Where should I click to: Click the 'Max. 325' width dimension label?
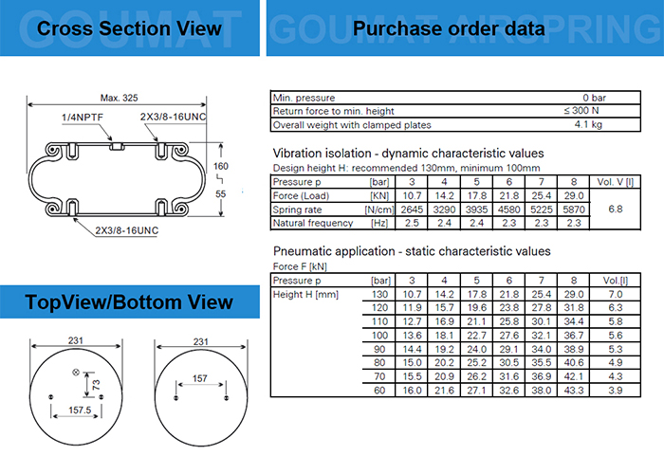[x=119, y=98]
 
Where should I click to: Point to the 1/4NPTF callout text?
[x=83, y=118]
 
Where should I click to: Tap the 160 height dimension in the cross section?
[x=221, y=166]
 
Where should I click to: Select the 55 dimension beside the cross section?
[x=221, y=193]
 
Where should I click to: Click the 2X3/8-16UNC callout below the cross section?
[x=126, y=230]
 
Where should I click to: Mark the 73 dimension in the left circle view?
[x=97, y=385]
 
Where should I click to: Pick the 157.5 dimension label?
[x=80, y=410]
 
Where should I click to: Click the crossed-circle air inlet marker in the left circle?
[x=76, y=373]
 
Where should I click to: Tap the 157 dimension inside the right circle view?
[x=200, y=378]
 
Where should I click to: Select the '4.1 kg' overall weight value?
[x=588, y=124]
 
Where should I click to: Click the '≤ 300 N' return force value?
[x=581, y=111]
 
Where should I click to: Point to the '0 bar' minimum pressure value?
[x=594, y=98]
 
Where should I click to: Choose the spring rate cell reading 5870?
[x=574, y=210]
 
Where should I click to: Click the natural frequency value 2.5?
[x=412, y=223]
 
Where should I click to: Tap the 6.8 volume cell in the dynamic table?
[x=616, y=210]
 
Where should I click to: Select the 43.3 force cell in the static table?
[x=574, y=391]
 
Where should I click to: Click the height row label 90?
[x=379, y=349]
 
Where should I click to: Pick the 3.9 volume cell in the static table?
[x=616, y=391]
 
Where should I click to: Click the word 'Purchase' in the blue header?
[x=397, y=28]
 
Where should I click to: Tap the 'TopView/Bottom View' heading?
[x=129, y=302]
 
